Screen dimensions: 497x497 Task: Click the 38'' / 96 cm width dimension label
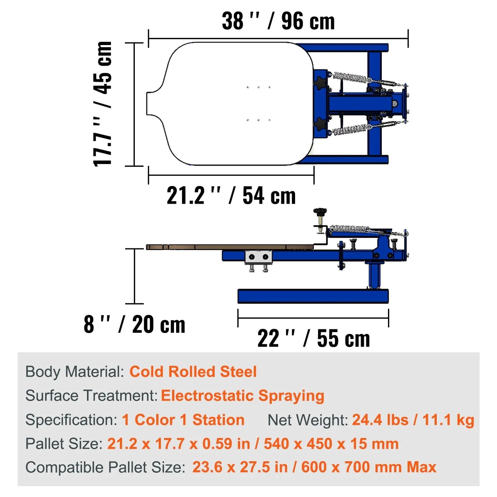coord(278,21)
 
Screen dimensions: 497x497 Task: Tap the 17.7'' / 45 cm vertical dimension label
coord(103,104)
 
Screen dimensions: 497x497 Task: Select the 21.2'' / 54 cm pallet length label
coord(231,196)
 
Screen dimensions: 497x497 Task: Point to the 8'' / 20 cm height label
coord(134,324)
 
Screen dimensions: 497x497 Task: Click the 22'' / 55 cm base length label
coord(313,338)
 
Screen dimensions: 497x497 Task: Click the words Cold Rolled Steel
coord(193,372)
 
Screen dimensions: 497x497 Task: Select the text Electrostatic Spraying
coord(242,396)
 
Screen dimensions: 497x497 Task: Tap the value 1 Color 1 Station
coord(183,420)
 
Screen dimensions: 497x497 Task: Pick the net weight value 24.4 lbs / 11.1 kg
coord(413,420)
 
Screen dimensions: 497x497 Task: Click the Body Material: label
coord(75,372)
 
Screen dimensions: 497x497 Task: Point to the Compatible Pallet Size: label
coord(105,467)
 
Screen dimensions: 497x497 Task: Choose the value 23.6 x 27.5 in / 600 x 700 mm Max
coord(314,467)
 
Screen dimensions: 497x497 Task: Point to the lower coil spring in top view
coord(349,129)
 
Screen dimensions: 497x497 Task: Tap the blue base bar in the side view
coord(313,296)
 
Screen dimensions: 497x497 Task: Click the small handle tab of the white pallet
coord(153,104)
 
